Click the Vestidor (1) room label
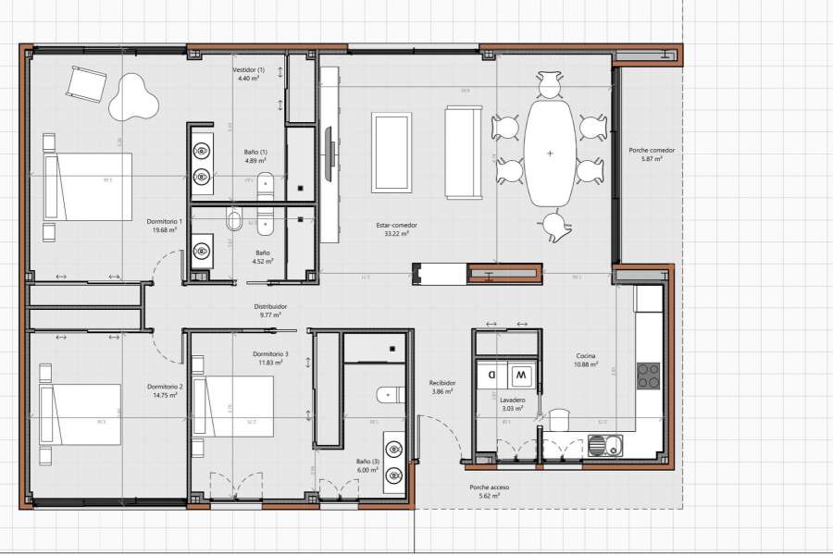[248, 70]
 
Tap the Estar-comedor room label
[396, 225]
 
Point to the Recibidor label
[441, 383]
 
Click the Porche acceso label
[489, 487]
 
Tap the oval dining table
[550, 154]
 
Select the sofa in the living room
[464, 153]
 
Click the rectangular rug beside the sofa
[392, 153]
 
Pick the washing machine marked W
[520, 376]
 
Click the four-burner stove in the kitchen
[649, 375]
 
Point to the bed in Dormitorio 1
[87, 186]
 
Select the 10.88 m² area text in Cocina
[585, 364]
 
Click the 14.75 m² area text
[164, 395]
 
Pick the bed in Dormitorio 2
[81, 414]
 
